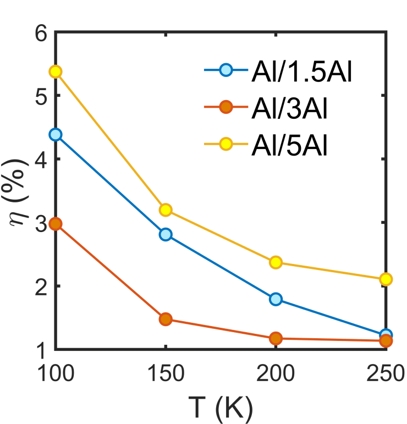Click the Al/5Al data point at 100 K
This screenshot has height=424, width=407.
[55, 71]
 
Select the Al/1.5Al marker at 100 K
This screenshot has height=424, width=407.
[55, 134]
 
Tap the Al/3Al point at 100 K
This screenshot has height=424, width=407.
[55, 224]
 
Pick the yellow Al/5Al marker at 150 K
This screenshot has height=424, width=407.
[166, 210]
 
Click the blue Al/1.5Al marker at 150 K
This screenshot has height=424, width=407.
[166, 234]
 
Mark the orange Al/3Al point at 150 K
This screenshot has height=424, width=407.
[166, 319]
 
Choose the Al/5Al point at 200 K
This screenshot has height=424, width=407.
[276, 262]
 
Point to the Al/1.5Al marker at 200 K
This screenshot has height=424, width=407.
[276, 299]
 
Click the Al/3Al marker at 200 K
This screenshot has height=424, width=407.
[276, 338]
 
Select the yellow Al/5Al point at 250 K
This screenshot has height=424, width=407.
[386, 279]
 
